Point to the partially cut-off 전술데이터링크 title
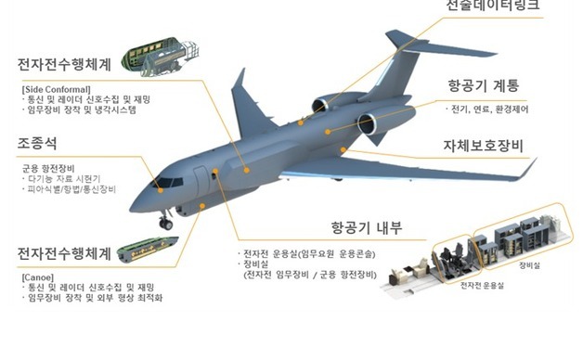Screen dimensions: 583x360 click(493, 6)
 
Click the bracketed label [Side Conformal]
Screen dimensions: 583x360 click(55, 88)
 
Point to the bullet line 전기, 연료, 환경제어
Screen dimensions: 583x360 click(485, 109)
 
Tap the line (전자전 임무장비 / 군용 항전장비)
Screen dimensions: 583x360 click(308, 276)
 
